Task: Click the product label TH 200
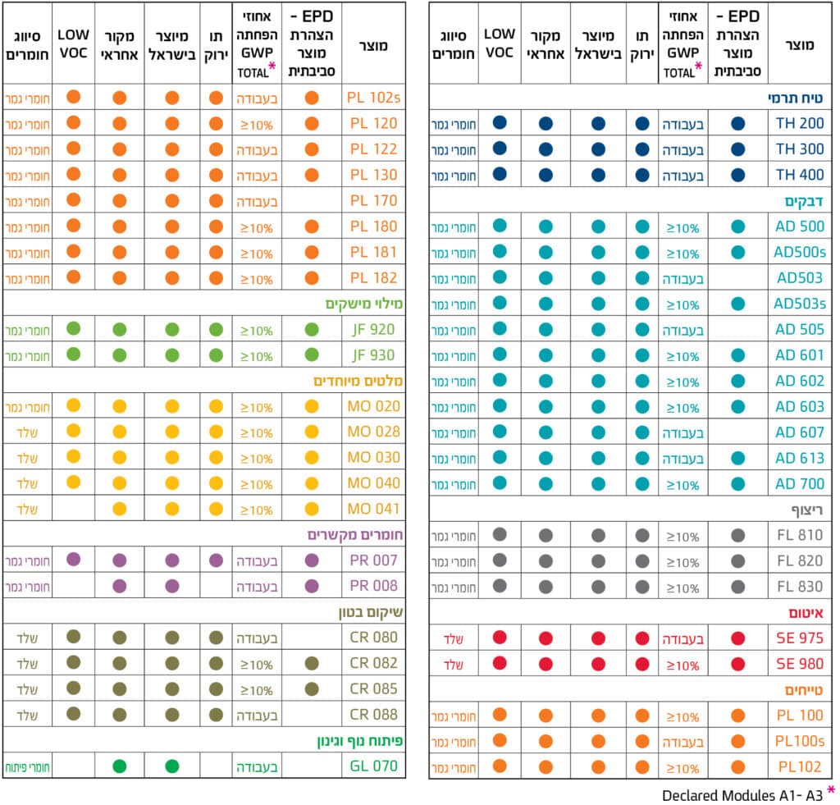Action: pyautogui.click(x=800, y=123)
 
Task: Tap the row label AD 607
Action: pyautogui.click(x=800, y=432)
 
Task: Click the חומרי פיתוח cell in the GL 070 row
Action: pyautogui.click(x=28, y=766)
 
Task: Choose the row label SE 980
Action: pyautogui.click(x=800, y=663)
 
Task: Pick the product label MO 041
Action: pyautogui.click(x=374, y=509)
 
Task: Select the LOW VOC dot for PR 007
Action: pyautogui.click(x=73, y=560)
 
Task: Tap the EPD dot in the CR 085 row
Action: pyautogui.click(x=312, y=688)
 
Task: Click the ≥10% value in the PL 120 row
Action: pyautogui.click(x=256, y=125)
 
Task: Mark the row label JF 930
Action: pyautogui.click(x=374, y=355)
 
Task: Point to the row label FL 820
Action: pyautogui.click(x=800, y=561)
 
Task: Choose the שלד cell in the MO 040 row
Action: pyautogui.click(x=28, y=483)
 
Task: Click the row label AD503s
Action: pyautogui.click(x=800, y=304)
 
